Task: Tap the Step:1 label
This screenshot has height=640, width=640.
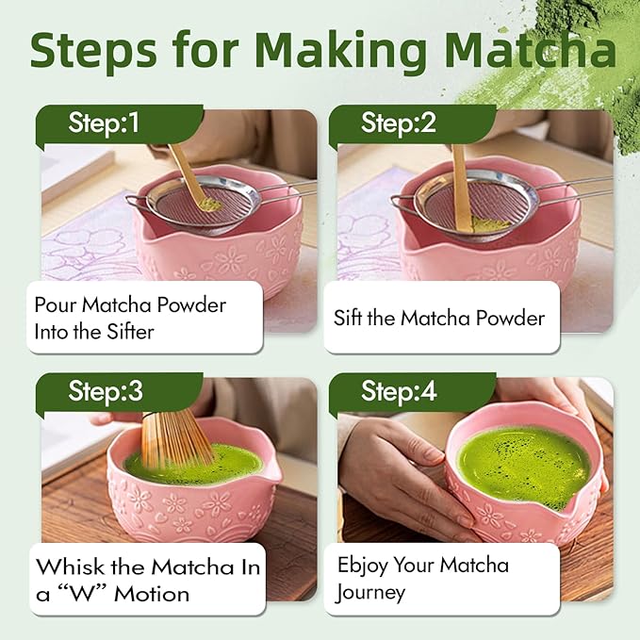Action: (x=104, y=123)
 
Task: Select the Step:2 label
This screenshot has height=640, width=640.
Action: (x=399, y=123)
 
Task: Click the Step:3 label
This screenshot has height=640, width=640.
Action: (x=106, y=390)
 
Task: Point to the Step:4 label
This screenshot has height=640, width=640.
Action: (x=399, y=390)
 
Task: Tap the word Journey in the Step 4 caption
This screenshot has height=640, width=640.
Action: (x=369, y=593)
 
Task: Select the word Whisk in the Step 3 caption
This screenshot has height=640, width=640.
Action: (x=70, y=566)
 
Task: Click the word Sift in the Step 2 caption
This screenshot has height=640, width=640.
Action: (x=348, y=318)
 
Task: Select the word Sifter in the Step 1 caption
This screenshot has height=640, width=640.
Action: (x=130, y=332)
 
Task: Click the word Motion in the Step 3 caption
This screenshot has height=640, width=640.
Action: (x=152, y=594)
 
